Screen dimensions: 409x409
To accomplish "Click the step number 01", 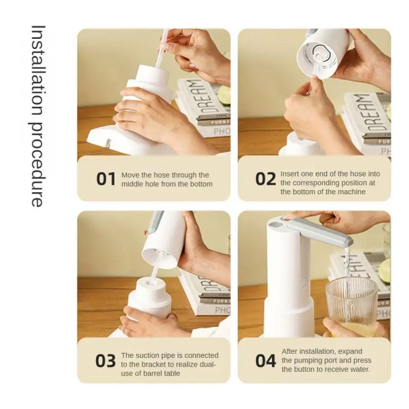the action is coord(106,179).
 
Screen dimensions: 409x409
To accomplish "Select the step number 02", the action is coord(265,179).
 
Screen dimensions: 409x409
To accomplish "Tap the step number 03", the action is coord(105,361).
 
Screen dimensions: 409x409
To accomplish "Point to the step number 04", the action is coord(265,361).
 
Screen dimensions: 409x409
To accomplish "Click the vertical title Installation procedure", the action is coord(37,117).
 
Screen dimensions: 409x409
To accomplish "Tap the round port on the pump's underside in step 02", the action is coord(320,54).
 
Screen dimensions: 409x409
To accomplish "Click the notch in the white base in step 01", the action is coord(108,143).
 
